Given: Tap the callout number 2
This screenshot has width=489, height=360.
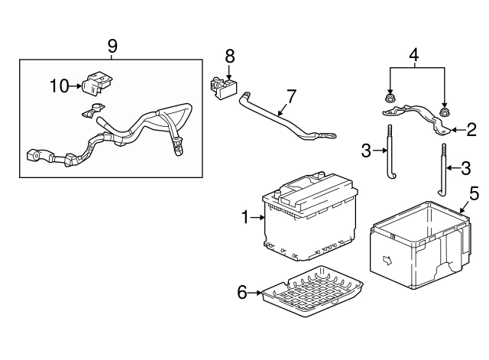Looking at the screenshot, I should pos(471,129).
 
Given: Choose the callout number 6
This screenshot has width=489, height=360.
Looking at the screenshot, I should pos(242,291).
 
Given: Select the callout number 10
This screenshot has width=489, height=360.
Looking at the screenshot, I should pos(60,85).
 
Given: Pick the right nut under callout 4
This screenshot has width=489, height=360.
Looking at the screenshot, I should pos(445,114).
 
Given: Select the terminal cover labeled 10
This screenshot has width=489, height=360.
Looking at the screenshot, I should pos(98,83).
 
